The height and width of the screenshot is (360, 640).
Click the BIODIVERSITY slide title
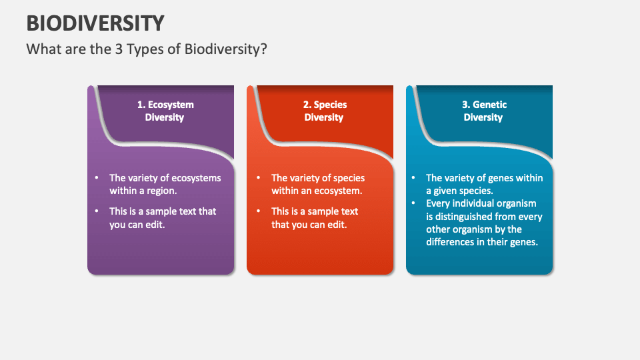pyautogui.click(x=95, y=23)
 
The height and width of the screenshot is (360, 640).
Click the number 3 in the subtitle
pyautogui.click(x=119, y=49)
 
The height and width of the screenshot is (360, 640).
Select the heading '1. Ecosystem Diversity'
pyautogui.click(x=165, y=111)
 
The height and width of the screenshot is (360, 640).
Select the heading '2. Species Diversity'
pyautogui.click(x=325, y=111)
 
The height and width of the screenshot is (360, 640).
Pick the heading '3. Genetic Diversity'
pyautogui.click(x=484, y=111)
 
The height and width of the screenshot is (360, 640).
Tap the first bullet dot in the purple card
pyautogui.click(x=97, y=177)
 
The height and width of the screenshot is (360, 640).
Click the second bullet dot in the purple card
pyautogui.click(x=97, y=211)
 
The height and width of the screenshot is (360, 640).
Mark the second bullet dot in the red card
pyautogui.click(x=259, y=211)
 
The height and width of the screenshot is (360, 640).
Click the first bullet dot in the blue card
pyautogui.click(x=413, y=177)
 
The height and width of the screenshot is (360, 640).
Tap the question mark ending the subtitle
pyautogui.click(x=264, y=49)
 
